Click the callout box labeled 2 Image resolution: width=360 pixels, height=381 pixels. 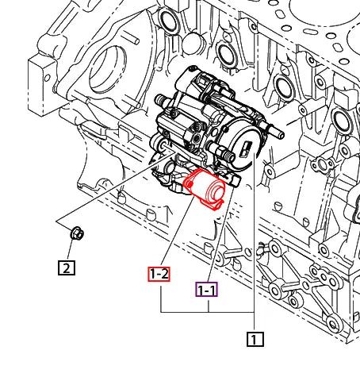67,267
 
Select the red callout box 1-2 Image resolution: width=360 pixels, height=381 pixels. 159,274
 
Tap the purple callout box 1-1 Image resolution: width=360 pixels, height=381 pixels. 206,290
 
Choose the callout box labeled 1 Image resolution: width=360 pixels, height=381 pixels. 254,339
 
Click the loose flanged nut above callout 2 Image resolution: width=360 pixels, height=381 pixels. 77,233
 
